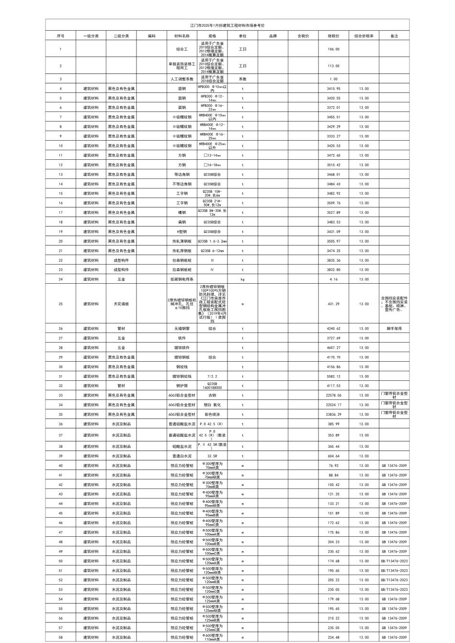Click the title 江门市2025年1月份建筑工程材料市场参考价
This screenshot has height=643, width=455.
coord(227,25)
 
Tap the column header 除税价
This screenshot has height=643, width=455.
coord(334,36)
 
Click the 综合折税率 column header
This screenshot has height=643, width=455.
coord(364,36)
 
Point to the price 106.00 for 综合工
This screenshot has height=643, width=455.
coord(334,49)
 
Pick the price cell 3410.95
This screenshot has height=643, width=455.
coord(334,89)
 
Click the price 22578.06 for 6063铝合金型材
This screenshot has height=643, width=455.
coord(334,395)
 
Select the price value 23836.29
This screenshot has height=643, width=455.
coord(334,414)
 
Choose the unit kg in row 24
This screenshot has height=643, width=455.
coord(242,279)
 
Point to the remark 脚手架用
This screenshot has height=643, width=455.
coord(394,329)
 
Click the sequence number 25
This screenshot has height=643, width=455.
coord(60,304)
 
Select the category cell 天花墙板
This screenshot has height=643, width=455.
coord(121,304)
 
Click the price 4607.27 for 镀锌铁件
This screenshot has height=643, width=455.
coord(334,348)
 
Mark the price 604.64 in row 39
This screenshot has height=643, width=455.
coord(334,456)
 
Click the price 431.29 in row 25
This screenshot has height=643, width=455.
coord(334,304)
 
